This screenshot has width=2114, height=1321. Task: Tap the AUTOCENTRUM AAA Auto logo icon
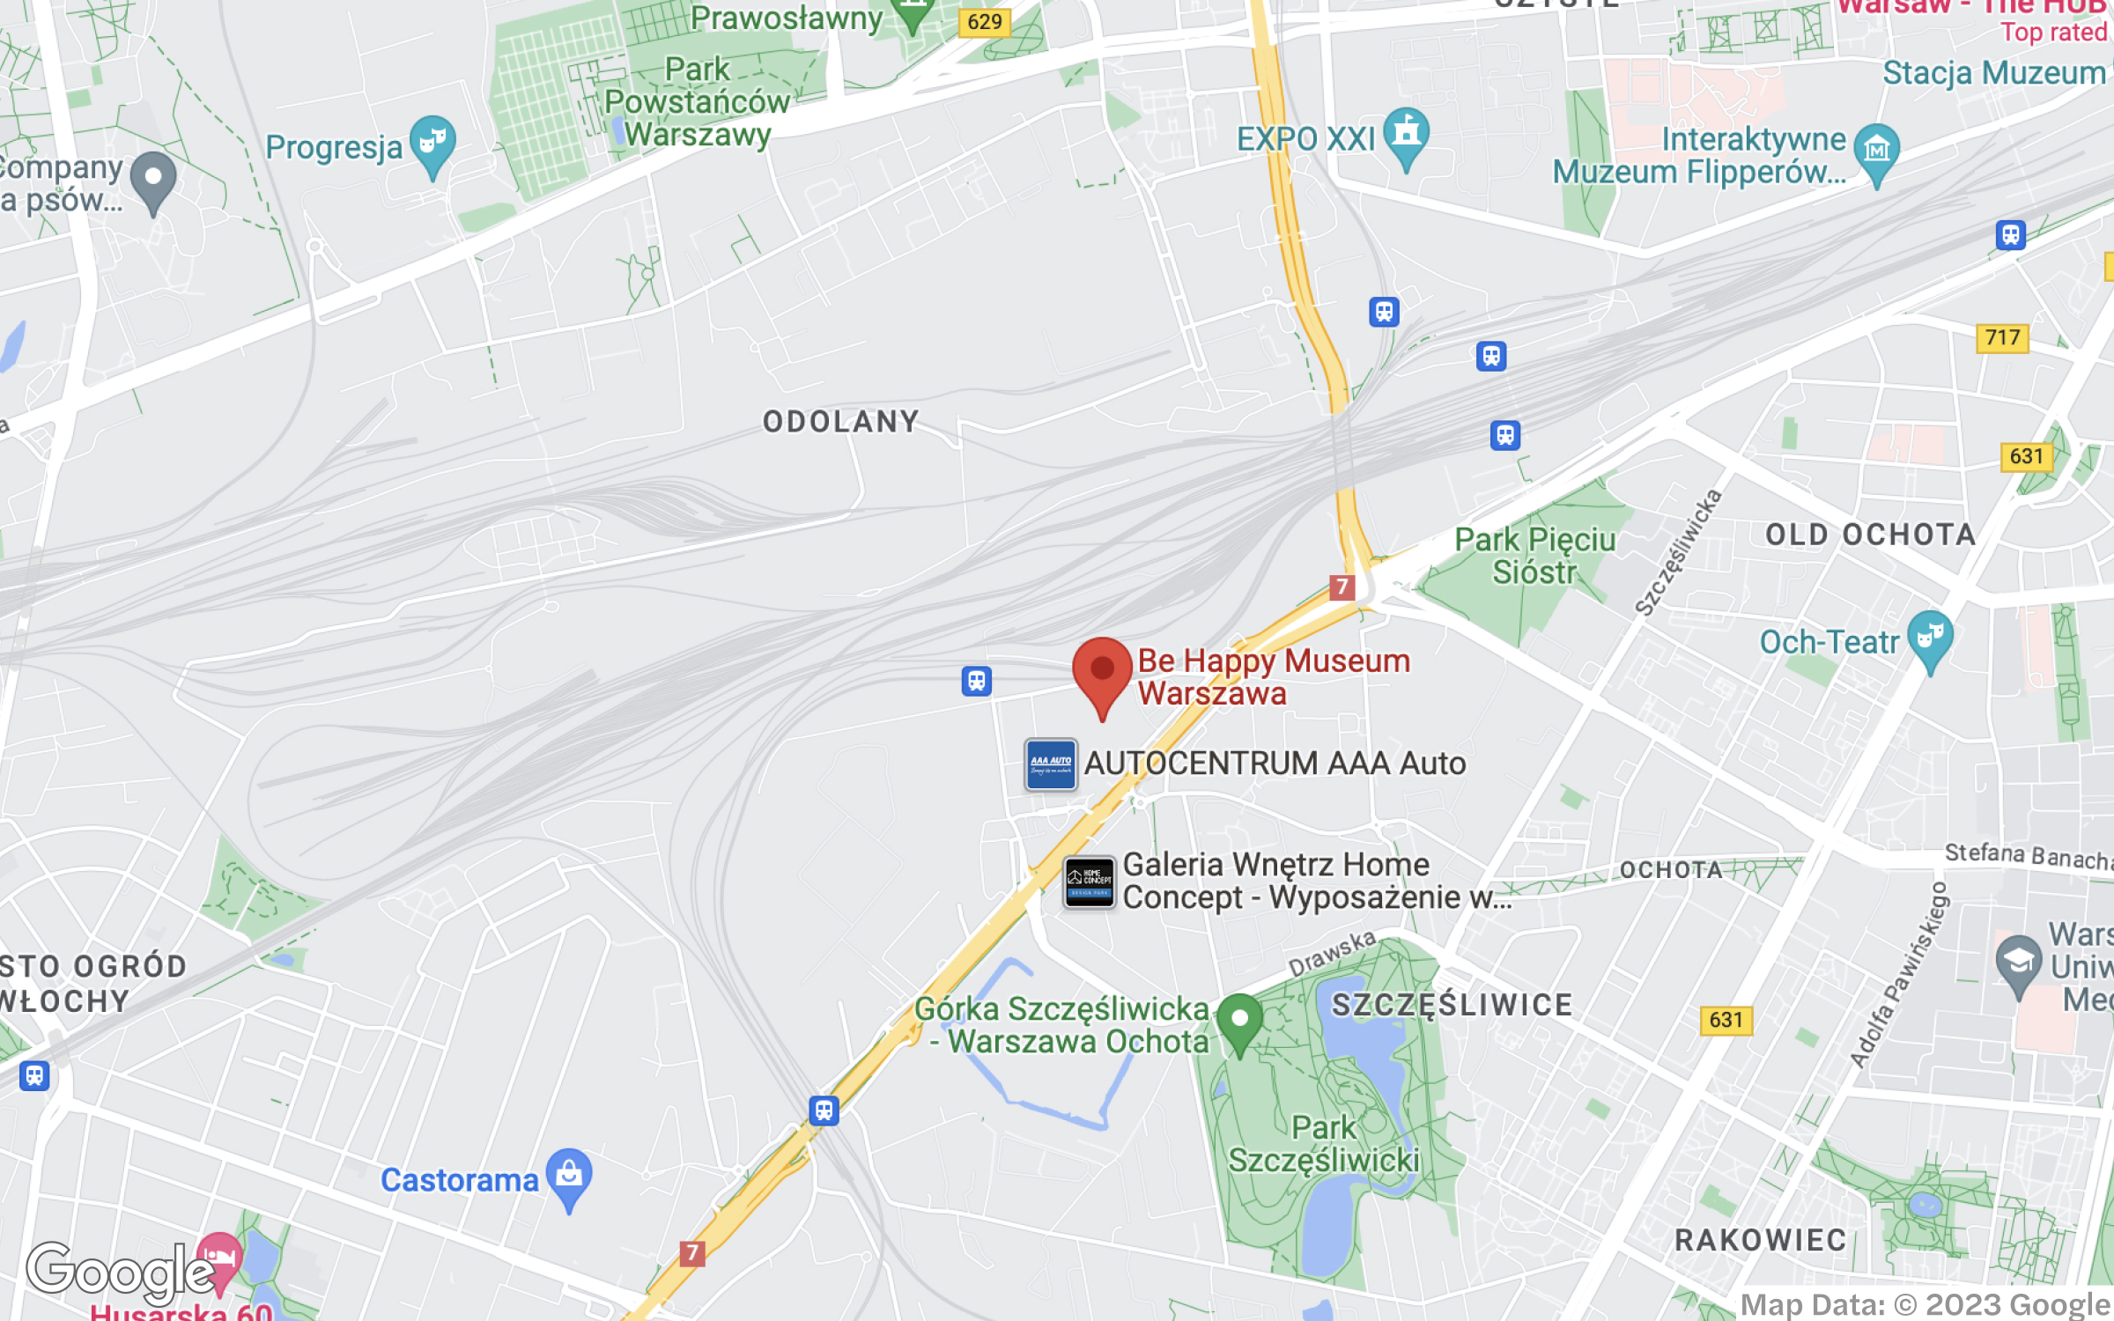pyautogui.click(x=1051, y=764)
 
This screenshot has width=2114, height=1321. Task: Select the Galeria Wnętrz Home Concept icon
pyautogui.click(x=1090, y=882)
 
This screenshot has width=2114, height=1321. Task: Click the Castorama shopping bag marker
pyautogui.click(x=569, y=1176)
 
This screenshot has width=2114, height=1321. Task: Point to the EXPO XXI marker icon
pyautogui.click(x=1406, y=135)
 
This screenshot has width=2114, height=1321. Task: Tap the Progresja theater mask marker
pyautogui.click(x=432, y=143)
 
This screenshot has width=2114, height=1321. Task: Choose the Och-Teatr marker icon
pyautogui.click(x=1930, y=638)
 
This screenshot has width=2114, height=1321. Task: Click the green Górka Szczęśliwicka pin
pyautogui.click(x=1239, y=1022)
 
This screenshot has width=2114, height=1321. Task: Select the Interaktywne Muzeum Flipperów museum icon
pyautogui.click(x=1877, y=150)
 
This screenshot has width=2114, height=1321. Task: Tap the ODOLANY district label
pyautogui.click(x=841, y=422)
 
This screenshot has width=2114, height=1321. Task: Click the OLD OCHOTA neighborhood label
pyautogui.click(x=1871, y=535)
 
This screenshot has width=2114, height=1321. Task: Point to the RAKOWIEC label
pyautogui.click(x=1760, y=1240)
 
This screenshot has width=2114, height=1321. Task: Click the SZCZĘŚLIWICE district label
pyautogui.click(x=1452, y=1005)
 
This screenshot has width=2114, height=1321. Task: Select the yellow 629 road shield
pyautogui.click(x=984, y=22)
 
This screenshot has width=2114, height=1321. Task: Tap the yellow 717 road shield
pyautogui.click(x=2002, y=338)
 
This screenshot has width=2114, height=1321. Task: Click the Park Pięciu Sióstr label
pyautogui.click(x=1534, y=556)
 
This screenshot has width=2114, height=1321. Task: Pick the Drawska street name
pyautogui.click(x=1332, y=953)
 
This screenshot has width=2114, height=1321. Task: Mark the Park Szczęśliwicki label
pyautogui.click(x=1323, y=1144)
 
